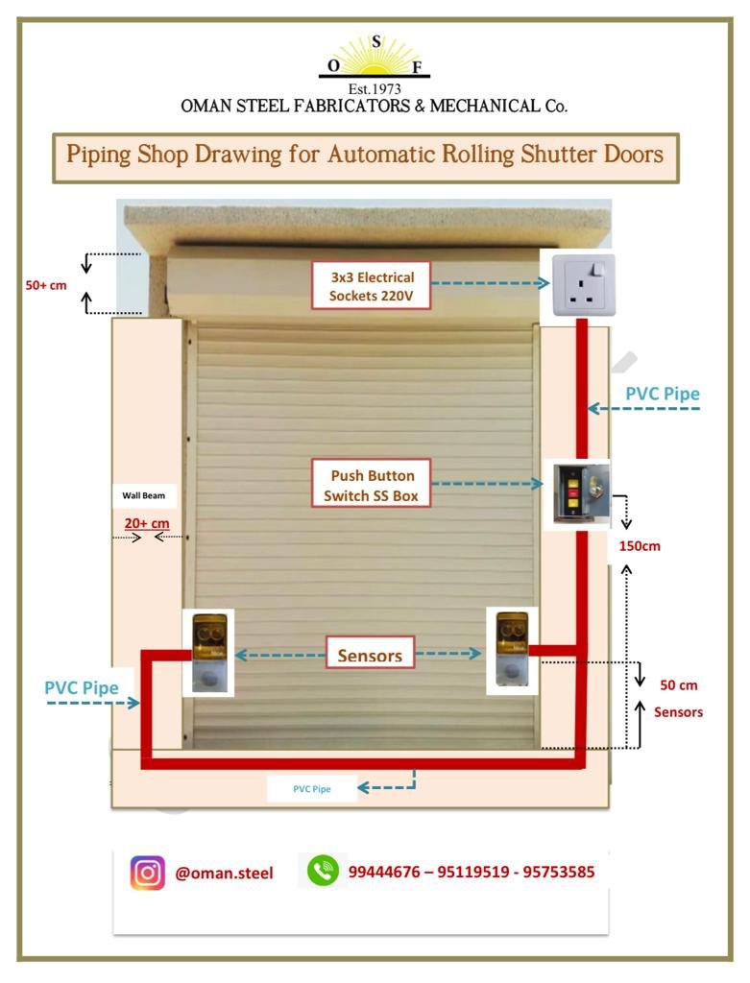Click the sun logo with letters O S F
[x=375, y=58]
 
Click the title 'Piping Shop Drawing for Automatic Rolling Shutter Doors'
[x=365, y=155]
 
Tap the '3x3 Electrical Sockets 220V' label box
[x=371, y=286]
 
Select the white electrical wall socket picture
[x=576, y=285]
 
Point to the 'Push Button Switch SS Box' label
[x=371, y=484]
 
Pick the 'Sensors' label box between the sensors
[x=370, y=656]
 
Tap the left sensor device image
[x=208, y=652]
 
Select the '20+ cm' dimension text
[x=147, y=523]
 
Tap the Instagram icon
[x=147, y=873]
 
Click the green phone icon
[x=323, y=872]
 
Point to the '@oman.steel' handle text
[x=224, y=874]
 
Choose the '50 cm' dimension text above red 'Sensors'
[x=678, y=685]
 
